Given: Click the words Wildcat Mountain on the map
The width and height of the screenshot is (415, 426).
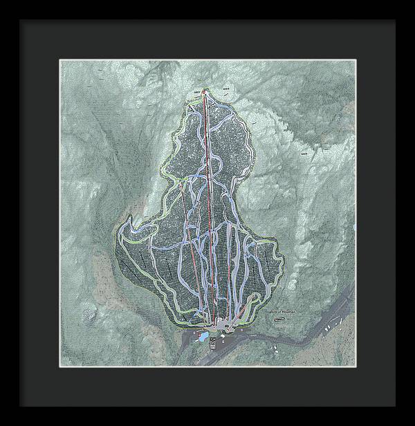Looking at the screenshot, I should [x=280, y=313].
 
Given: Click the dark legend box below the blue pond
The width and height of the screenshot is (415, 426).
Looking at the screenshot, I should [x=212, y=343].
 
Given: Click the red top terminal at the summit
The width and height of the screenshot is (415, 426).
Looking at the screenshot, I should [x=204, y=90].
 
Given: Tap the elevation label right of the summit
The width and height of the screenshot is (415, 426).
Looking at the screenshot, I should [x=226, y=89].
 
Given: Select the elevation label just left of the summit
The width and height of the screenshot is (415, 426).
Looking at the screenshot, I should [x=197, y=90].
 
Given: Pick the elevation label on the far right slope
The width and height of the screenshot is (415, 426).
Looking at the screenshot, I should [x=305, y=153].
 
